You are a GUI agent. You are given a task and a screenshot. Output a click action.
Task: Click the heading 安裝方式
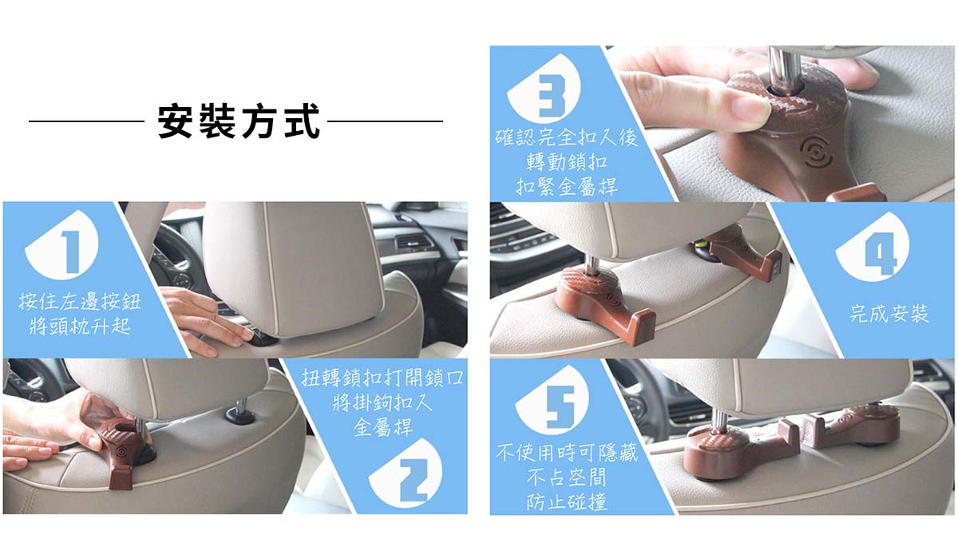pyautogui.click(x=239, y=121)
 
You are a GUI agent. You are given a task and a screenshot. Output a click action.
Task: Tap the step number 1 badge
pyautogui.click(x=62, y=245)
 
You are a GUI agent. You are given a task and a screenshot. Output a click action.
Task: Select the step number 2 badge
pyautogui.click(x=406, y=474)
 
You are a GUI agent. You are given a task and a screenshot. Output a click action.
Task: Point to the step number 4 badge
pyautogui.click(x=873, y=246)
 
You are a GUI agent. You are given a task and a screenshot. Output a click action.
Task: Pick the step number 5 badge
pyautogui.click(x=552, y=400)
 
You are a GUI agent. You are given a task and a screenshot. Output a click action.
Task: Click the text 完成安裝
pyautogui.click(x=889, y=314)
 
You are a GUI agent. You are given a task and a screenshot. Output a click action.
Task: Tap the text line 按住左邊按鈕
pyautogui.click(x=80, y=302)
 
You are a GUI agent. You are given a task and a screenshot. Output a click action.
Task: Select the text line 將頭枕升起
pyautogui.click(x=80, y=327)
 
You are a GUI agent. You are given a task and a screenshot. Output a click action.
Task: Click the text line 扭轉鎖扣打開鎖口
pyautogui.click(x=382, y=378)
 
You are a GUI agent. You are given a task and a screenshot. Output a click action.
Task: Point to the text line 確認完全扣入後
pyautogui.click(x=566, y=137)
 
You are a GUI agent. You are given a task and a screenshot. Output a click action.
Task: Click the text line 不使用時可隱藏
pyautogui.click(x=567, y=453)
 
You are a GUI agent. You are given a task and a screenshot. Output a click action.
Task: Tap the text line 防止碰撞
pyautogui.click(x=567, y=502)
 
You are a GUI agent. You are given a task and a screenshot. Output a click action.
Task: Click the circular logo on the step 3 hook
pyautogui.click(x=817, y=150)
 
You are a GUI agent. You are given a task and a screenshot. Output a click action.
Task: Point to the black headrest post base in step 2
pyautogui.click(x=240, y=415)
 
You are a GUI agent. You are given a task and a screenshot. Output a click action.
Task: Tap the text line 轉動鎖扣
pyautogui.click(x=567, y=162)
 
